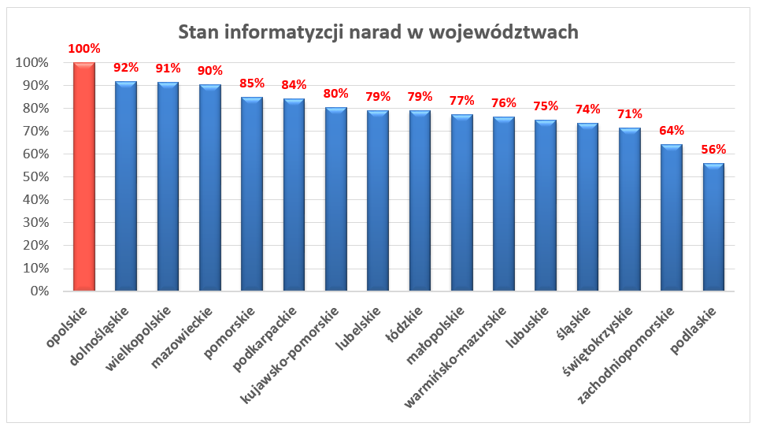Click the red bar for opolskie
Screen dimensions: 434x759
[x=84, y=177]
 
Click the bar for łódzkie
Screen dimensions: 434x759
[x=420, y=201]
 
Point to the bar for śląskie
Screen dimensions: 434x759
[x=587, y=206]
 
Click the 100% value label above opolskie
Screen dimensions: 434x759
[x=84, y=49]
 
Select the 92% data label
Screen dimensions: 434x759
[x=126, y=67]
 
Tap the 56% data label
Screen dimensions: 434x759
[x=713, y=150]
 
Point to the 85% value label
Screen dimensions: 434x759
[x=252, y=83]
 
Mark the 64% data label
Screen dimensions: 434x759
[x=672, y=131]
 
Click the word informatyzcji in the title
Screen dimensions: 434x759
[x=289, y=32]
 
